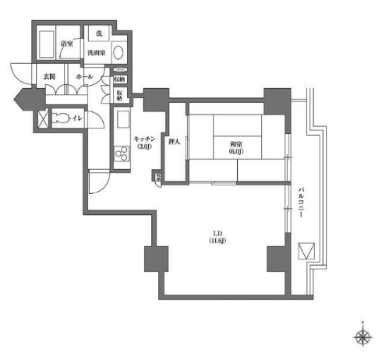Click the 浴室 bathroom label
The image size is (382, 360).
click(x=67, y=44)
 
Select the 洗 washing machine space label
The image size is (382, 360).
click(x=98, y=34)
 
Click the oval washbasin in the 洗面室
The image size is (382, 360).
click(x=118, y=53)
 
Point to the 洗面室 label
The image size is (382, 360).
click(x=97, y=52)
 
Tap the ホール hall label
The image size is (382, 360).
click(x=86, y=77)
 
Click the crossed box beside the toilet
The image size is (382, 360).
click(x=44, y=119)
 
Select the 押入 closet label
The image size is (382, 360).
click(x=175, y=142)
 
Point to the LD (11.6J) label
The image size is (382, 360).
click(x=218, y=237)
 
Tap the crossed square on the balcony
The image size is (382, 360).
click(x=308, y=252)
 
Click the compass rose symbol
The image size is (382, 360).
click(x=362, y=337)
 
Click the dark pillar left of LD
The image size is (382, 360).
click(x=156, y=258)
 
